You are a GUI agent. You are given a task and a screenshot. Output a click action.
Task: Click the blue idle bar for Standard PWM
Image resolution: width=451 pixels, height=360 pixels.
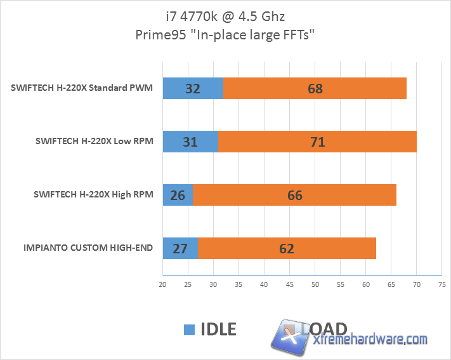[193, 88]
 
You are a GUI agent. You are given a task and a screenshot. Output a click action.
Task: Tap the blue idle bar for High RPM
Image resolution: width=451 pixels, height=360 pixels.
[178, 195]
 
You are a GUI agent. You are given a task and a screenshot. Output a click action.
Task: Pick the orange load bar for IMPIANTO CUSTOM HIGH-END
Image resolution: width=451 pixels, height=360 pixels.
[287, 248]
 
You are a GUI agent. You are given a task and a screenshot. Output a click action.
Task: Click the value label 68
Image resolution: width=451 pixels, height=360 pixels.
[315, 89]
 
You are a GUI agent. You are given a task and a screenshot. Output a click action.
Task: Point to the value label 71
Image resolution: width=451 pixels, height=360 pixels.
[317, 142]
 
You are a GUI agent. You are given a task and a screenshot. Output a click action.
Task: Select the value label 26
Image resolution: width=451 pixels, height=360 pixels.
[178, 195]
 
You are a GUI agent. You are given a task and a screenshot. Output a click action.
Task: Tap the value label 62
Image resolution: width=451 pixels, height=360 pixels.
[287, 248]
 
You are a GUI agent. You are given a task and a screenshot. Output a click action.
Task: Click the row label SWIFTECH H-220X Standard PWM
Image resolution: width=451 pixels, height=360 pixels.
[82, 88]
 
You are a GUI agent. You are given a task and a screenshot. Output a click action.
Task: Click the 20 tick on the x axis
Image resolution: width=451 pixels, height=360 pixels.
[162, 284]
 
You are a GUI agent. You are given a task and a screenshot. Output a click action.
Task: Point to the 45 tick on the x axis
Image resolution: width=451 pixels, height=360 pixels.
[289, 284]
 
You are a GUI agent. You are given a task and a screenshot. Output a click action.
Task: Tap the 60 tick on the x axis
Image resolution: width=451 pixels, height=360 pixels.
[365, 284]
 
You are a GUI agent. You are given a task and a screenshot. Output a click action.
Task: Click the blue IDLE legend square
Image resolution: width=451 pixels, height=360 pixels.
[189, 330]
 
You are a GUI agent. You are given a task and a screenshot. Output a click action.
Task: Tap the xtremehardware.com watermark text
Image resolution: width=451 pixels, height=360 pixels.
[371, 340]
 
